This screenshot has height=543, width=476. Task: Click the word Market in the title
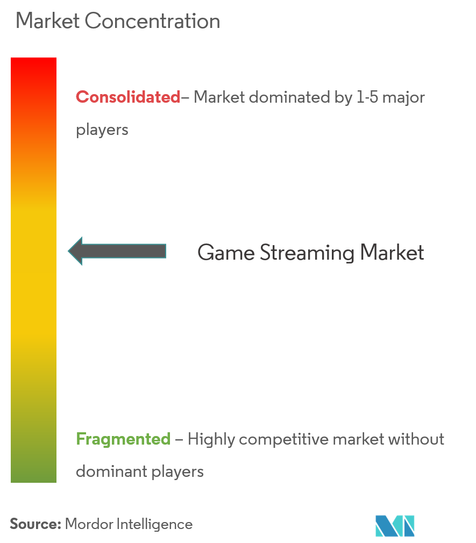47,22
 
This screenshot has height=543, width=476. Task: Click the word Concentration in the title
152,22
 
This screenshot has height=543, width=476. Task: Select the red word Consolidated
128,97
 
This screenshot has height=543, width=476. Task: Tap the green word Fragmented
123,439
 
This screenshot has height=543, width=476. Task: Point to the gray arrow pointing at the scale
117,251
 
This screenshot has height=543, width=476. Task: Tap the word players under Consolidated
102,130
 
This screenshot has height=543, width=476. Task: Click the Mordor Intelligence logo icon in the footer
395,526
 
